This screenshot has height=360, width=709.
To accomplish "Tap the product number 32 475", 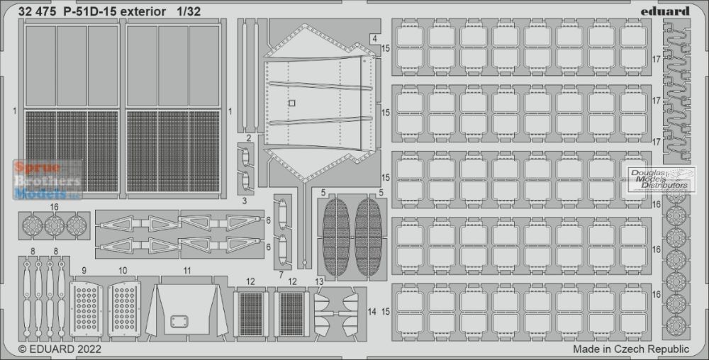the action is point(38,12).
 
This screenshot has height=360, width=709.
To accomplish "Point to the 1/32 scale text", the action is point(186,12).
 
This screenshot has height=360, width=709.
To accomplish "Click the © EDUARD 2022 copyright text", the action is point(60,349).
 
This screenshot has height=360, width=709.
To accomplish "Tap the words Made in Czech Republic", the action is point(631,349).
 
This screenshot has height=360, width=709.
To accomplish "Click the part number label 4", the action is point(375,39).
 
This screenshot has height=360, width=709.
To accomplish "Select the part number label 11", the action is point(187,271).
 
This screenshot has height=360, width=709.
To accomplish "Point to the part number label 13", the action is point(319,282).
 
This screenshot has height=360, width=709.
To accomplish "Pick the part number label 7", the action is point(281,275).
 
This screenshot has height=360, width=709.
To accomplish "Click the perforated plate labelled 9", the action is point(86,308).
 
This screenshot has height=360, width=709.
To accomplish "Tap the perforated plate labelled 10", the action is point(124,308).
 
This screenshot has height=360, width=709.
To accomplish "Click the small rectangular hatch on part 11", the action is point(179,322).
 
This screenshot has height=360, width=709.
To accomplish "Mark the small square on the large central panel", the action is point(291,103).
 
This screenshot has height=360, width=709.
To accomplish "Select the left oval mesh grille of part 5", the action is point(336,237).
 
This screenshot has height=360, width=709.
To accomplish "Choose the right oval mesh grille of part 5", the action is point(369,237).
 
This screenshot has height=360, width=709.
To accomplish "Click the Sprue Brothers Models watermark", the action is point(48,180).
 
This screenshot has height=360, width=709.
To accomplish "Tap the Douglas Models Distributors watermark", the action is point(659,179).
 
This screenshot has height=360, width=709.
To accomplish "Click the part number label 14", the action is point(372,312).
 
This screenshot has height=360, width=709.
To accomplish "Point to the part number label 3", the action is point(245,201).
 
